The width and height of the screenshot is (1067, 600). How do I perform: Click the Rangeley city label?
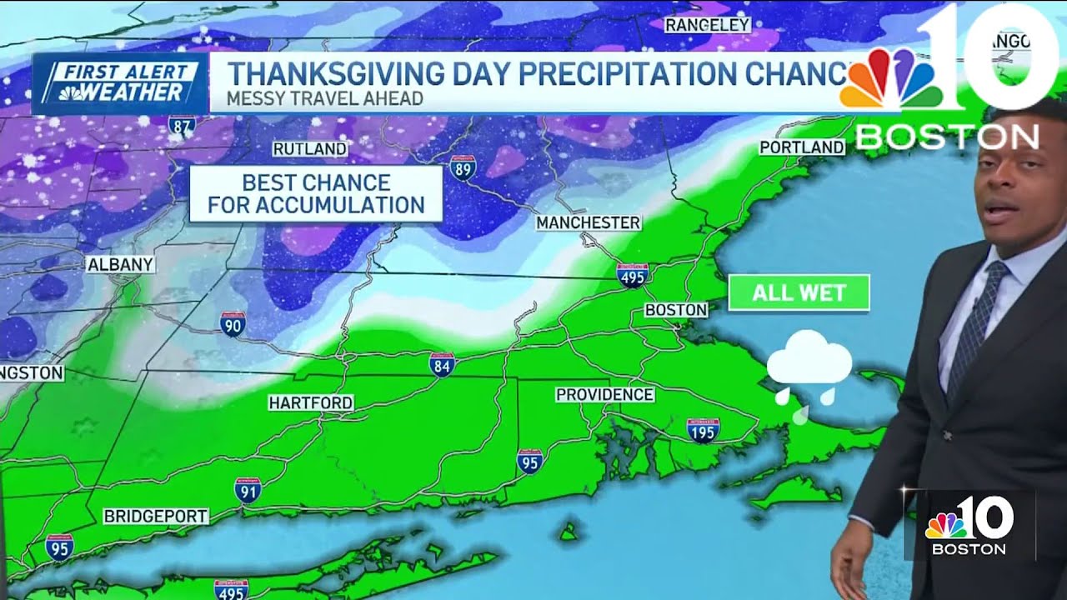708,25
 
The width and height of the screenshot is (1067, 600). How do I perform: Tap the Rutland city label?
309,149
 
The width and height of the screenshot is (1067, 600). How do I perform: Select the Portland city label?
802,147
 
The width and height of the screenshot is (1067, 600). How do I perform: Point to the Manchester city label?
588,222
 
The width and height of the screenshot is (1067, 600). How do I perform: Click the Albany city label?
121,265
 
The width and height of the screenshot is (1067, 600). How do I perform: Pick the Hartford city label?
310,403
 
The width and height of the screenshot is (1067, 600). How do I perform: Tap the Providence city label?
604,394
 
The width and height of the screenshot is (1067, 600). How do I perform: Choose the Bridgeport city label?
155,517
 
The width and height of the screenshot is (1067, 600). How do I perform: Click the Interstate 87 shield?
182,125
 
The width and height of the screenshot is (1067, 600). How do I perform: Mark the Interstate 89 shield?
463,167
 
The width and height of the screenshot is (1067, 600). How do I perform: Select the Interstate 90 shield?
233,324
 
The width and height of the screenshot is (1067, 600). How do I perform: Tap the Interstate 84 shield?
442,364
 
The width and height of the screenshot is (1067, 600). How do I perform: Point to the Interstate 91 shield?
247,490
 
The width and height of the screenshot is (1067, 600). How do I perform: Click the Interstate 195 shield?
703,430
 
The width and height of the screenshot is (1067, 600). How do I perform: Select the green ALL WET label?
799,293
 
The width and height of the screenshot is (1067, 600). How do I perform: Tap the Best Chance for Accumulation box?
316,194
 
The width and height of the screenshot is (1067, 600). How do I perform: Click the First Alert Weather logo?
119,83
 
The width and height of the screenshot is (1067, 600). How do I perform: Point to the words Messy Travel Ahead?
324,99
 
